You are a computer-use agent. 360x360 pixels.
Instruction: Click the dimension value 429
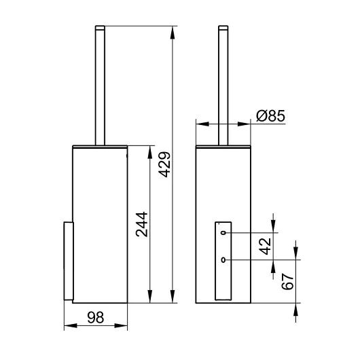tap(165, 164)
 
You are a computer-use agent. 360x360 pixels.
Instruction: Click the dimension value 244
tap(141, 224)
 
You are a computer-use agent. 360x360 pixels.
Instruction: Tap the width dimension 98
tap(96, 317)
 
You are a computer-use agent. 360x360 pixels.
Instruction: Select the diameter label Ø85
tap(271, 115)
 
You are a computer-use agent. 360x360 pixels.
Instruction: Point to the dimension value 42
tap(266, 247)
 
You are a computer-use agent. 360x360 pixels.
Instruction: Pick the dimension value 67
tap(287, 281)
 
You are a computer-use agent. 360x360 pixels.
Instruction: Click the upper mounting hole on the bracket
tap(223, 233)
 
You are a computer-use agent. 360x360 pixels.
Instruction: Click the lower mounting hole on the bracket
tap(223, 260)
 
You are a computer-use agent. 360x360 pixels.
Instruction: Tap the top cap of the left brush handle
tap(100, 28)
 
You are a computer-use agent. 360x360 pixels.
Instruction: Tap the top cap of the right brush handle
tap(223, 28)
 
